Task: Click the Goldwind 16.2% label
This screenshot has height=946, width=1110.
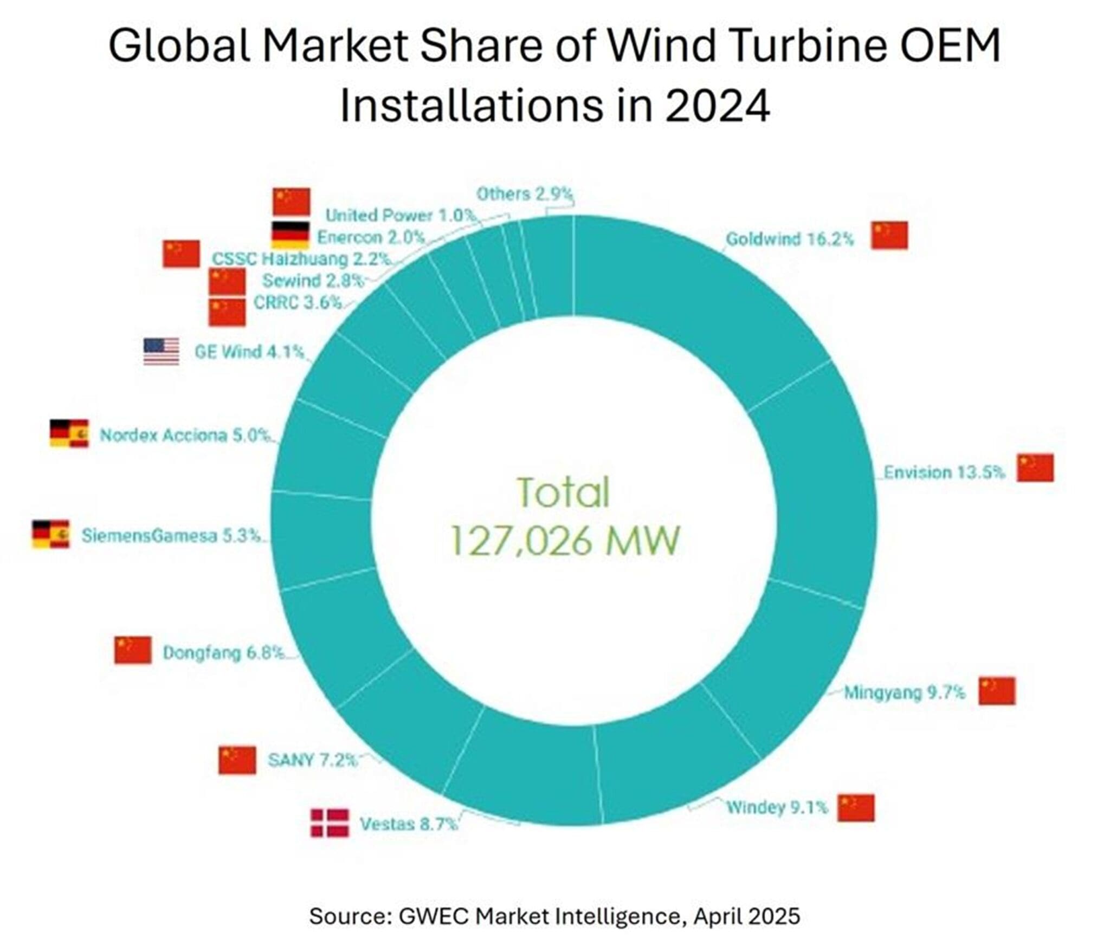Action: pos(789,239)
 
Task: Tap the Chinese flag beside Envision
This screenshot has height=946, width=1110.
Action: pos(1035,468)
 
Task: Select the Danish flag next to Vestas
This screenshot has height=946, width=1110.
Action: pos(329,823)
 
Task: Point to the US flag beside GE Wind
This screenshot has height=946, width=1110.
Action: pos(161,352)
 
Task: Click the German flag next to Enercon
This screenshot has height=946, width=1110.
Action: pos(290,235)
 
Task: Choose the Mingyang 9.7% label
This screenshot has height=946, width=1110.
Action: pos(904,692)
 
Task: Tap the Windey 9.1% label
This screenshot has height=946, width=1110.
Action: pos(777,808)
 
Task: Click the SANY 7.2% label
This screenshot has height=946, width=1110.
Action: pos(312,760)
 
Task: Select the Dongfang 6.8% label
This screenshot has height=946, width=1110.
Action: pos(223,652)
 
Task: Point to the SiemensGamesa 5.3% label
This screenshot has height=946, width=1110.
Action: pos(171,536)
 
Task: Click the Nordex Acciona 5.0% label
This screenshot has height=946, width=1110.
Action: pos(184,435)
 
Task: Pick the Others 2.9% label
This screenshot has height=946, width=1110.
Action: pos(524,194)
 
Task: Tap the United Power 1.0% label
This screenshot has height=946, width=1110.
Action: pos(400,215)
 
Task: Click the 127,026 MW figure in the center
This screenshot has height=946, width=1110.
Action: pos(564,541)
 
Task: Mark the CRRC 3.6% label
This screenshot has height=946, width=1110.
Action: pos(298,302)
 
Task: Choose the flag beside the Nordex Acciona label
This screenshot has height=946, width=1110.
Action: pos(69,433)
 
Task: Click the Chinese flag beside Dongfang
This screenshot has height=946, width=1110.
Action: pos(132,650)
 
